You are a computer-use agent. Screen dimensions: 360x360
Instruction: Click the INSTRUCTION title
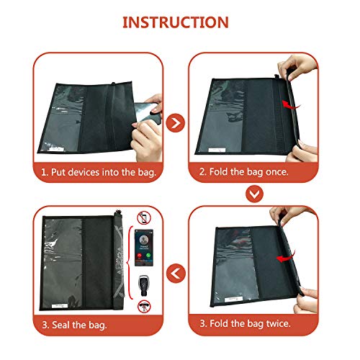[176, 22]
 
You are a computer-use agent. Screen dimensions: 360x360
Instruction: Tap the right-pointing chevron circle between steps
[176, 123]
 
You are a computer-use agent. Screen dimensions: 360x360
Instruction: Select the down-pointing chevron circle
[254, 194]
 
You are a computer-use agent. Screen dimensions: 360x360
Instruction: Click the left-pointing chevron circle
[176, 274]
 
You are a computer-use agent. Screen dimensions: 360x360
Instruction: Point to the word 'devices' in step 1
[84, 172]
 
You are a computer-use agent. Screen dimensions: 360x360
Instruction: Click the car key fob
[144, 286]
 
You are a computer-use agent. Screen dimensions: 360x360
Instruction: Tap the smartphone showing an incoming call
[144, 248]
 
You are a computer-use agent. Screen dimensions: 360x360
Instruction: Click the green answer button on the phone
[148, 255]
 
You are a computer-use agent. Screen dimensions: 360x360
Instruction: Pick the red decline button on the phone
[139, 256]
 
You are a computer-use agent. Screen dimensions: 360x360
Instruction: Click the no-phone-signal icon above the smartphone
[144, 218]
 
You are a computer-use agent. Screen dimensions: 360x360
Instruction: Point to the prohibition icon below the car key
[144, 306]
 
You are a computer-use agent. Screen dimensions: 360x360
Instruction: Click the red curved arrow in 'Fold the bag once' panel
[291, 105]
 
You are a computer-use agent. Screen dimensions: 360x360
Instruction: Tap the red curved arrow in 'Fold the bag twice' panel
[286, 258]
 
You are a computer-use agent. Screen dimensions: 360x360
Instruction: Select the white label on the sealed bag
[60, 306]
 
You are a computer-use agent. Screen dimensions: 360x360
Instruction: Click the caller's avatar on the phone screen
[144, 240]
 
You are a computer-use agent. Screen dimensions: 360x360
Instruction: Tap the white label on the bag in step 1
[57, 149]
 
